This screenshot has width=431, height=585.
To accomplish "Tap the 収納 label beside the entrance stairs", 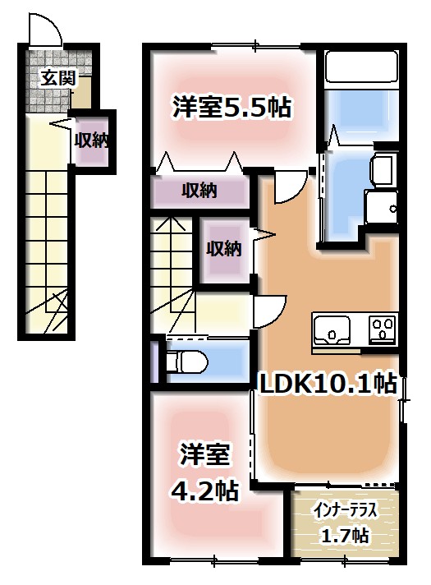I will pyautogui.click(x=91, y=140).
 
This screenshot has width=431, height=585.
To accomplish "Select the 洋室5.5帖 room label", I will pyautogui.click(x=232, y=107).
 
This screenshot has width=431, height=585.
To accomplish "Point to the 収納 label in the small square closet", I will pyautogui.click(x=223, y=247).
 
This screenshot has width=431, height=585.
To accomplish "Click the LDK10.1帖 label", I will pyautogui.click(x=328, y=382).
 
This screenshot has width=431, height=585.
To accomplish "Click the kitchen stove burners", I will pyautogui.click(x=382, y=329).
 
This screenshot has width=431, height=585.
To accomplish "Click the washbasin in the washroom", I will pyautogui.click(x=383, y=170).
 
